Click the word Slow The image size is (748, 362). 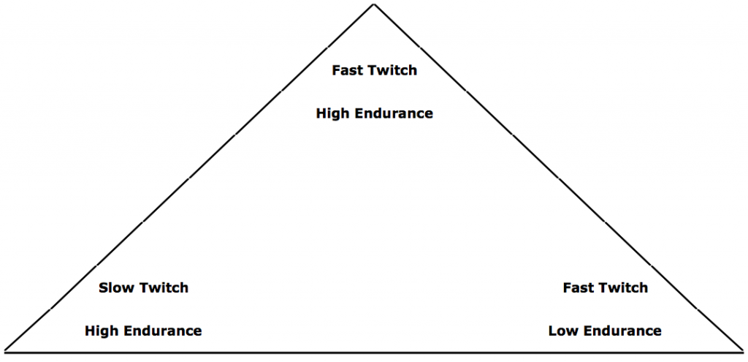115,288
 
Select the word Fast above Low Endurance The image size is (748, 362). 577,288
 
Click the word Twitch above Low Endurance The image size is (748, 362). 622,288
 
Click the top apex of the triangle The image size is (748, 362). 374,4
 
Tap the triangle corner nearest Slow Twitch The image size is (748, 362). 5,351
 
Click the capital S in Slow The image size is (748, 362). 103,288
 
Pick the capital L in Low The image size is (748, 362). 552,331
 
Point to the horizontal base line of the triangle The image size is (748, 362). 374,352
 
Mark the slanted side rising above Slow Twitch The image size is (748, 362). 189,178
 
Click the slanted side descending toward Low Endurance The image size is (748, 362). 559,178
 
